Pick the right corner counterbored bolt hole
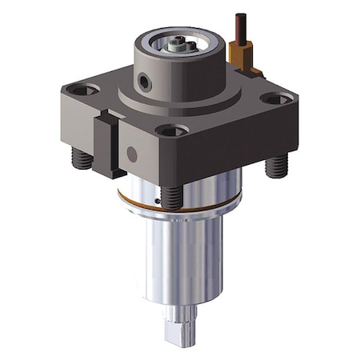275,100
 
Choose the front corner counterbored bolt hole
171,130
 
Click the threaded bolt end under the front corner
171,197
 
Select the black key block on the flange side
106,144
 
